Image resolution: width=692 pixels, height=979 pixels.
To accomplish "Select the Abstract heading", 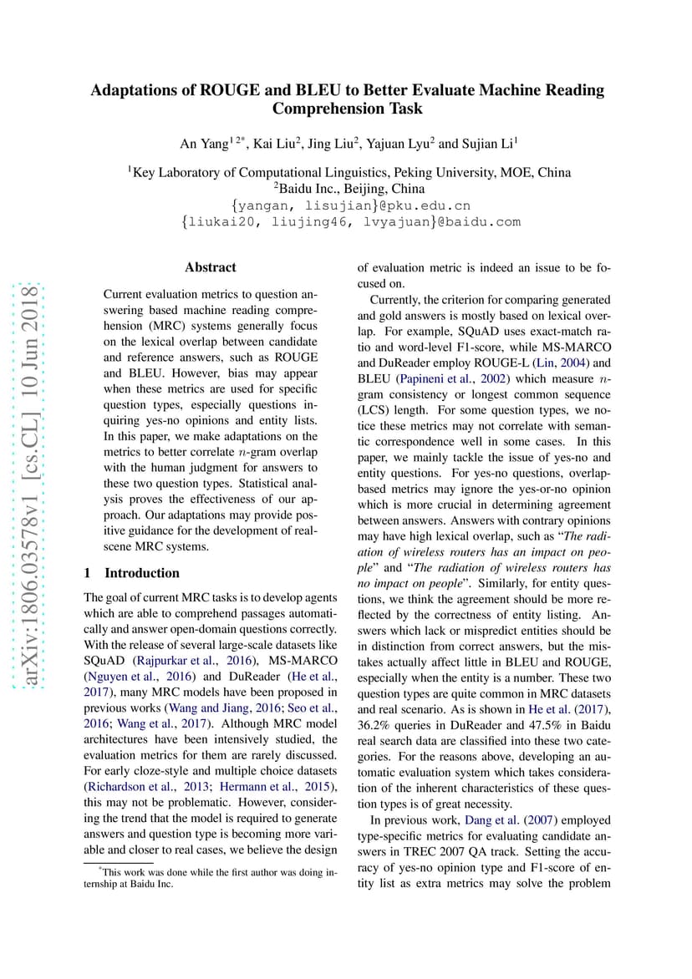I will [211, 267].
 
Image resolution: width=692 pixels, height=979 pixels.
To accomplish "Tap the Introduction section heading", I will [141, 573].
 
